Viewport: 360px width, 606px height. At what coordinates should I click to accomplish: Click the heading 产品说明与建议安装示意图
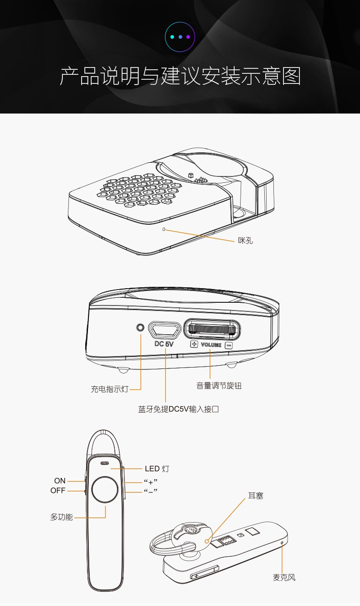[x=180, y=77]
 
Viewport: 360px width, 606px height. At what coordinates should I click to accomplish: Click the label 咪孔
[x=245, y=240]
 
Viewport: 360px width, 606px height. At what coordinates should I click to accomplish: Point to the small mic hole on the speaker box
[x=164, y=229]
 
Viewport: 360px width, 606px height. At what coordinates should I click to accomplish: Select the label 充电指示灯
[x=109, y=389]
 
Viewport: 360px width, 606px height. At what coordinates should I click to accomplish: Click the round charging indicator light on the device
[x=140, y=327]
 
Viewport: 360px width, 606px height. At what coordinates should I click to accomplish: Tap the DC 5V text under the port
[x=165, y=344]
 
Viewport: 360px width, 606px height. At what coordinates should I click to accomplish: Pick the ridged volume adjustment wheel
[x=212, y=329]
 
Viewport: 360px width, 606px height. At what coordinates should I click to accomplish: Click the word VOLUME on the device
[x=211, y=345]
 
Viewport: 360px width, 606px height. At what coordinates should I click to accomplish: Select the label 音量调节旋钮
[x=219, y=386]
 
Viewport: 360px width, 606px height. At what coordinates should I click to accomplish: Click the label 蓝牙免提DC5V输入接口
[x=179, y=409]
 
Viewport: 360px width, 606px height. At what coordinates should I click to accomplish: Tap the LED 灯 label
[x=157, y=468]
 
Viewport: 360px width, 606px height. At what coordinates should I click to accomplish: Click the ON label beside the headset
[x=60, y=481]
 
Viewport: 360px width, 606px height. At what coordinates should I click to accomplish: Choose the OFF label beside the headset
[x=58, y=491]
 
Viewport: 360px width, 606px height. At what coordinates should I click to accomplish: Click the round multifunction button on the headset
[x=105, y=490]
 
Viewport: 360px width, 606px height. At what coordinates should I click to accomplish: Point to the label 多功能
[x=62, y=518]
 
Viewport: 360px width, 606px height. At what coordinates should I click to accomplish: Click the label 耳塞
[x=256, y=496]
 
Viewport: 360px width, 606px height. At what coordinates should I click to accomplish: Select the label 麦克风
[x=284, y=578]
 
